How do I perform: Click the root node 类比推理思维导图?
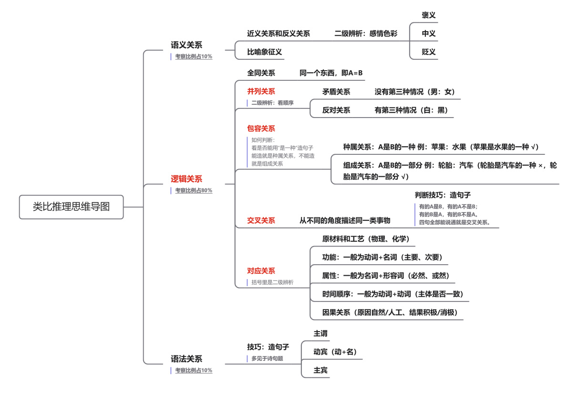pyautogui.click(x=72, y=207)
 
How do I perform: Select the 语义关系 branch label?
pyautogui.click(x=186, y=45)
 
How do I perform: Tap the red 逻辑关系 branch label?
pyautogui.click(x=186, y=179)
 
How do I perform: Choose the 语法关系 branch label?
pyautogui.click(x=186, y=359)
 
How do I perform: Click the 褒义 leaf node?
pyautogui.click(x=429, y=15)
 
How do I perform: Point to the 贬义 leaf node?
pyautogui.click(x=429, y=52)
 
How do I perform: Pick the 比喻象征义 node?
pyautogui.click(x=265, y=52)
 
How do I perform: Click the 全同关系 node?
pyautogui.click(x=261, y=73)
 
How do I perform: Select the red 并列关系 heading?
pyautogui.click(x=261, y=91)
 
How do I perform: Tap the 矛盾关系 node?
pyautogui.click(x=336, y=92)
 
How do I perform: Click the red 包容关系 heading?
pyautogui.click(x=261, y=129)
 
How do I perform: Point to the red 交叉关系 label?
pyautogui.click(x=261, y=220)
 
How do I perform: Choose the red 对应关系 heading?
pyautogui.click(x=261, y=271)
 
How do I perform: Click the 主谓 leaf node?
pyautogui.click(x=321, y=334)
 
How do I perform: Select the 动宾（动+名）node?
pyautogui.click(x=335, y=352)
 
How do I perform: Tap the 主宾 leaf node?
pyautogui.click(x=321, y=370)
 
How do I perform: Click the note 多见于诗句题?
pyautogui.click(x=267, y=358)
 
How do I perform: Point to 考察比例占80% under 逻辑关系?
pyautogui.click(x=193, y=190)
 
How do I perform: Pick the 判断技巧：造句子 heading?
pyautogui.click(x=443, y=195)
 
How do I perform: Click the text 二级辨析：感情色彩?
pyautogui.click(x=366, y=33)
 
